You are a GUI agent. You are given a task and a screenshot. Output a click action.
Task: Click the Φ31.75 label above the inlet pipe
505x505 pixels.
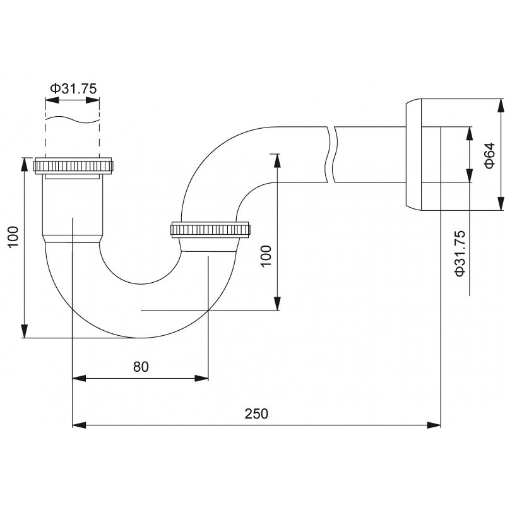point(73,88)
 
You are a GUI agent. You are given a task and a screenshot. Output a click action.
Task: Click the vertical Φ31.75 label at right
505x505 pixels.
point(460,254)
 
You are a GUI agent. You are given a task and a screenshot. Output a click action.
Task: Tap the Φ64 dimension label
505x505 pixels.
point(489,155)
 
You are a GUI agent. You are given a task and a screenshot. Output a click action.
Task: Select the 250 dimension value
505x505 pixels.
point(256,414)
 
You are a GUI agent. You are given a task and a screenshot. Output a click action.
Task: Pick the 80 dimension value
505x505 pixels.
point(141,367)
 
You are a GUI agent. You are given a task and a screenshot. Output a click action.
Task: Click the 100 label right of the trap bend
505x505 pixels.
point(266,256)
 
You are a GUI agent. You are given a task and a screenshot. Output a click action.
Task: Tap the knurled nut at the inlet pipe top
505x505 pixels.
point(73,166)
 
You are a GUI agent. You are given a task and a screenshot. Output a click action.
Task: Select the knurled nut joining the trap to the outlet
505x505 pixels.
point(210,230)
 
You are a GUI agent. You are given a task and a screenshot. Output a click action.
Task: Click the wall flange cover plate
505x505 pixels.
point(413,155)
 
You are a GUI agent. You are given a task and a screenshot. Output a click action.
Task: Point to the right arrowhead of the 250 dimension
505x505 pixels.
point(434,425)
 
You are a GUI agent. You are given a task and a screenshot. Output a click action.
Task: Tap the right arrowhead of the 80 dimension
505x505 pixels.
point(201,378)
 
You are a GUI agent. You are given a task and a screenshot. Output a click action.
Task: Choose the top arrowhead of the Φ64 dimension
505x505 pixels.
point(501,105)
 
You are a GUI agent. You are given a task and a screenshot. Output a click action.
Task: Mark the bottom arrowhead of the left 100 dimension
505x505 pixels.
point(24,331)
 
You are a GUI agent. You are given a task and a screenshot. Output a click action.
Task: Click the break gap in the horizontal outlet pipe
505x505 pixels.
point(331,155)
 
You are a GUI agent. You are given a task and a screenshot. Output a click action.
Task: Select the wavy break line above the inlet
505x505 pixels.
point(72,119)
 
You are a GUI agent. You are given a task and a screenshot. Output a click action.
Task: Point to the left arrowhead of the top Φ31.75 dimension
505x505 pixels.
point(52,100)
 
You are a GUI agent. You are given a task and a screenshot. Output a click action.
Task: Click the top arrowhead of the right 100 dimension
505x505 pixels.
point(276,160)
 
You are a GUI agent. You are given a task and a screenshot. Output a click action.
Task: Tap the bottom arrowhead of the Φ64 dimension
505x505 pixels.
point(501,204)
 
